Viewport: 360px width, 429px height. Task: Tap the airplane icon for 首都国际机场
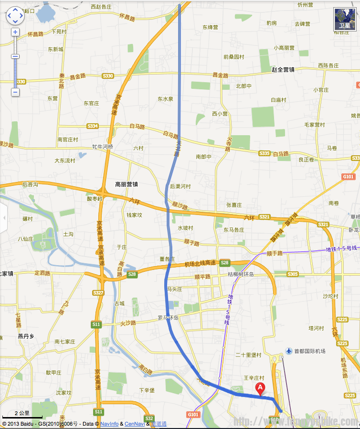pos(288,351)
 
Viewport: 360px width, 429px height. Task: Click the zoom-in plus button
pos(15,32)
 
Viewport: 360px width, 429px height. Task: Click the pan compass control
pos(15,15)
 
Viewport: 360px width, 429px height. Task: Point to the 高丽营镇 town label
pos(127,184)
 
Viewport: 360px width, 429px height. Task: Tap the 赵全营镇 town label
pos(283,69)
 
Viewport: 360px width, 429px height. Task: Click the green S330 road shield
pos(108,76)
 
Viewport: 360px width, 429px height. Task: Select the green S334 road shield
pos(93,126)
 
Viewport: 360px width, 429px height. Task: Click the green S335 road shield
pos(265,153)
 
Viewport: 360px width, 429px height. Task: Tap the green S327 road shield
pos(98,292)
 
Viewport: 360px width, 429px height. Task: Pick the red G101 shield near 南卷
pos(349,177)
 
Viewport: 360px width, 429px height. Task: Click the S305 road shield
pos(293,274)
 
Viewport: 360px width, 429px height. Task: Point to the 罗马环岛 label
pos(168,318)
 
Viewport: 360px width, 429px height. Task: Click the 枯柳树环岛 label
pos(241,274)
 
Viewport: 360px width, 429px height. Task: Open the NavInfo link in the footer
pos(109,424)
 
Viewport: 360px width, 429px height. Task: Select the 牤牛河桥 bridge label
pos(103,147)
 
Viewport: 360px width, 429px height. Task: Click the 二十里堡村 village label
pos(249,355)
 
